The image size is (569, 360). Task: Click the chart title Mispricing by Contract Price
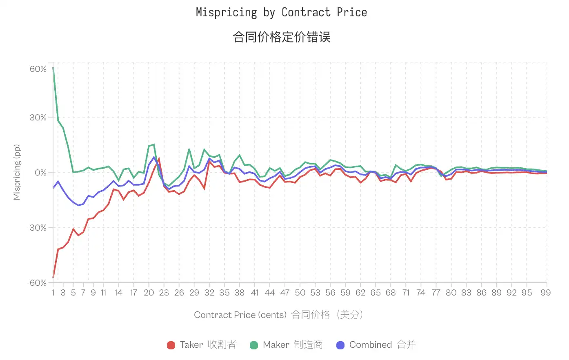tap(281, 13)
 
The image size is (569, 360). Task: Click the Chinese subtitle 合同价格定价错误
tap(281, 37)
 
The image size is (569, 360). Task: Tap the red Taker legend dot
tap(171, 345)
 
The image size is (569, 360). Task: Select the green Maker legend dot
tap(254, 345)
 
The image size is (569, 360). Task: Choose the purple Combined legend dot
tap(340, 345)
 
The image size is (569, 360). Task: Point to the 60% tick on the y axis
tap(38, 69)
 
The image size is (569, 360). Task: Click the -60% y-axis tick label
tap(37, 283)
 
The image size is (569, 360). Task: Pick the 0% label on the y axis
tap(40, 173)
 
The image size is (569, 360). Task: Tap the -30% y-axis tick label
tap(37, 228)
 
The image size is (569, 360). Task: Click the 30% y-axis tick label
tap(38, 118)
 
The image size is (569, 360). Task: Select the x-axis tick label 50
tap(300, 293)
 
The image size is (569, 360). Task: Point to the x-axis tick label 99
tap(546, 293)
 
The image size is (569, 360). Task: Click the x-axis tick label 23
tap(164, 293)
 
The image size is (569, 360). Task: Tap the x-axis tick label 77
tap(436, 293)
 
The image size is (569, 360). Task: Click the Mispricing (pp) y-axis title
tap(17, 172)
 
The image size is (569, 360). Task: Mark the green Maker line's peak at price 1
tap(53, 68)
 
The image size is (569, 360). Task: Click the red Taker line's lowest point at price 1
tap(53, 278)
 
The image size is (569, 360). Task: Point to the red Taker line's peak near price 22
tap(159, 158)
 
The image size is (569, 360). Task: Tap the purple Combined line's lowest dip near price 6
tap(78, 205)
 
